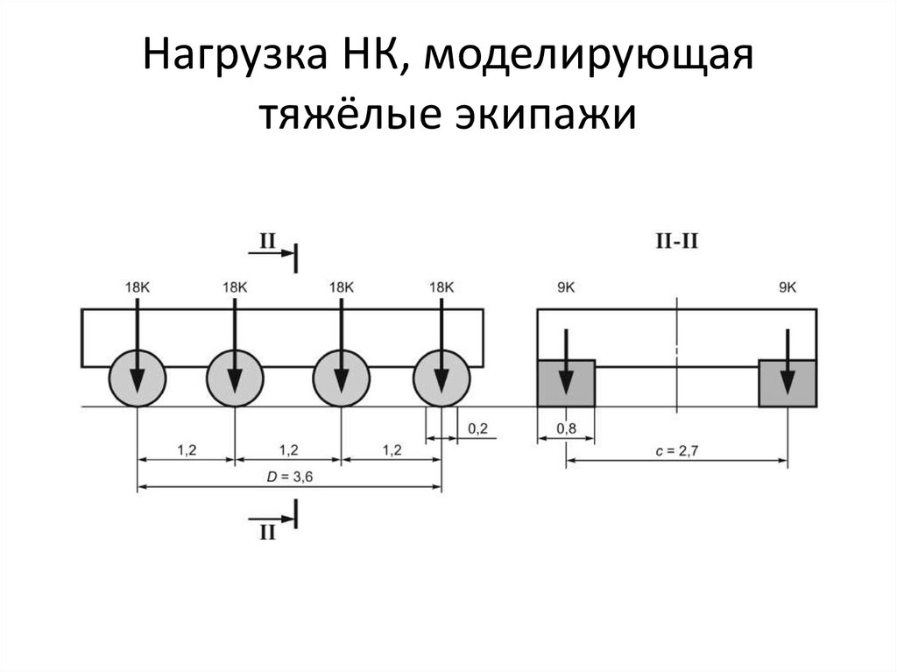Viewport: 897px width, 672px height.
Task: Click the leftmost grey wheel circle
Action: pyautogui.click(x=137, y=378)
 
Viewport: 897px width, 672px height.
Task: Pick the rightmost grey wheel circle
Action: pyautogui.click(x=441, y=378)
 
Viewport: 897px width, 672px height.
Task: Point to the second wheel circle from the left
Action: pyautogui.click(x=235, y=378)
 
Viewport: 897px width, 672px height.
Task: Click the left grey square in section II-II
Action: pyautogui.click(x=566, y=383)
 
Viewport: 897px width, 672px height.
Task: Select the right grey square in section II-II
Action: pyautogui.click(x=788, y=383)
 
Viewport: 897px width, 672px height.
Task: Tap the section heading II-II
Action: pyautogui.click(x=676, y=241)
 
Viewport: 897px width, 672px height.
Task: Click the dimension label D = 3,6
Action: pyautogui.click(x=289, y=477)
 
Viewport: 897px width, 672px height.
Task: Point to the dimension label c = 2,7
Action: pyautogui.click(x=676, y=450)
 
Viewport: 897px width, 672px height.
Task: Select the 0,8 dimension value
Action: pyautogui.click(x=566, y=428)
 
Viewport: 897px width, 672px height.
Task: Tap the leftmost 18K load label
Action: pyautogui.click(x=138, y=286)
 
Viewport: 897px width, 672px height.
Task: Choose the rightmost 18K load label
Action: pyautogui.click(x=441, y=286)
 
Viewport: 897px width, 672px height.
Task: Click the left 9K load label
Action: pyautogui.click(x=566, y=286)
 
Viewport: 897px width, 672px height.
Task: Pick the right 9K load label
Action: pyautogui.click(x=788, y=286)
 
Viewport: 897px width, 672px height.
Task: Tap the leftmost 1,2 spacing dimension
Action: pyautogui.click(x=187, y=450)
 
